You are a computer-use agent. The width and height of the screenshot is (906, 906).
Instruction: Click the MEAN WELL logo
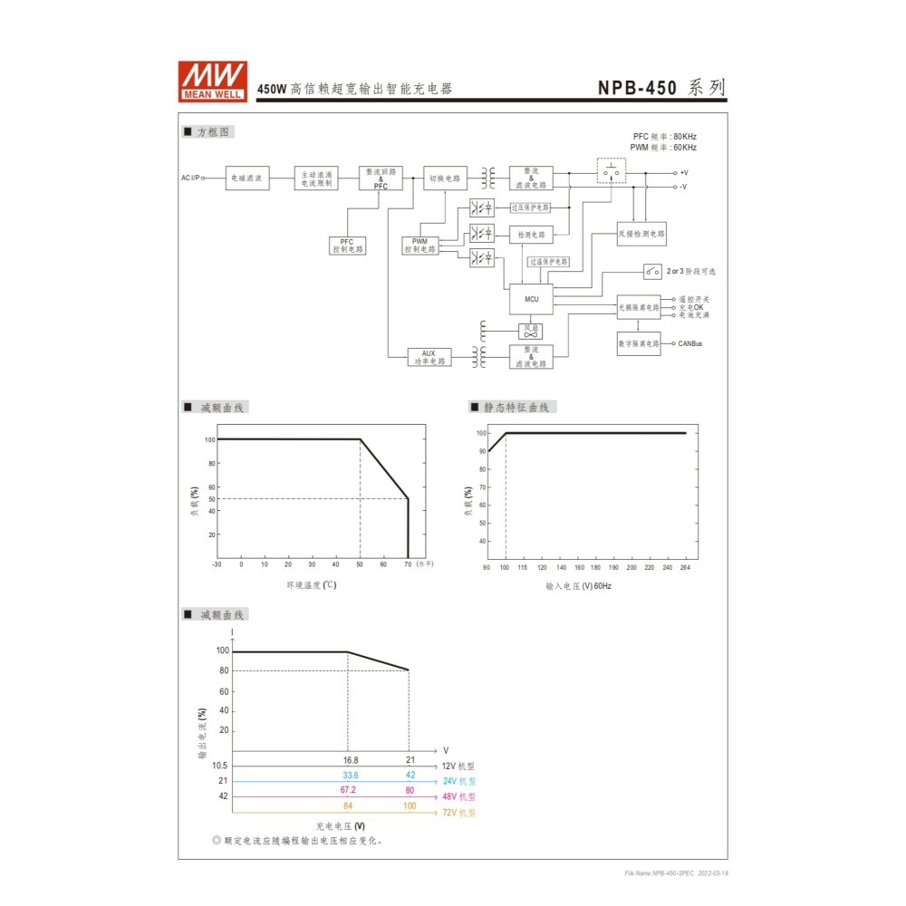coord(212,81)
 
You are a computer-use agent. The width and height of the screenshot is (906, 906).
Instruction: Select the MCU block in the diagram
coord(531,298)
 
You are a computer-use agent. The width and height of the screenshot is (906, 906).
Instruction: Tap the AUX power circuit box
coord(429,357)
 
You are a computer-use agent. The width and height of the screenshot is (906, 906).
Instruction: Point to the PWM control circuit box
coord(419,246)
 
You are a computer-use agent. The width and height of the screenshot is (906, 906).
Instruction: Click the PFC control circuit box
coord(347,246)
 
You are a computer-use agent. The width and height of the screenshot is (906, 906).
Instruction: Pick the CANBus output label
coord(689,344)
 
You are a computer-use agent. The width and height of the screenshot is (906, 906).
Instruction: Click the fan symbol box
coord(530,331)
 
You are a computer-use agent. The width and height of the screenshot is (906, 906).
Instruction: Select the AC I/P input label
coord(190,178)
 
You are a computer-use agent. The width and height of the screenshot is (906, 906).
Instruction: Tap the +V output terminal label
coord(684,172)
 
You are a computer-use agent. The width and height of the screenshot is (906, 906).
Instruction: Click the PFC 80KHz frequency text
coord(664,136)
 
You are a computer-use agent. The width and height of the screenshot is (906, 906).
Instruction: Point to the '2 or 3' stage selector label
coord(690,271)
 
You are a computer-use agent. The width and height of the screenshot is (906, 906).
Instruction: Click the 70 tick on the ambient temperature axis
coord(408,564)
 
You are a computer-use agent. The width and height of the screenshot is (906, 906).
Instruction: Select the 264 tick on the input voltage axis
coord(685,567)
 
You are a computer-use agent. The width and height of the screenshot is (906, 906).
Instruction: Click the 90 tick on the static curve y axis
coord(482,451)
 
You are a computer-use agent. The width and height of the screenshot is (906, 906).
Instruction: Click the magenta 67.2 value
coord(348,790)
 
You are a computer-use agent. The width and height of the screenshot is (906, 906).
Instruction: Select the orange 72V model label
coord(458,813)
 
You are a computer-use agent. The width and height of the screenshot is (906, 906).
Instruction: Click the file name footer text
coord(676,872)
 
